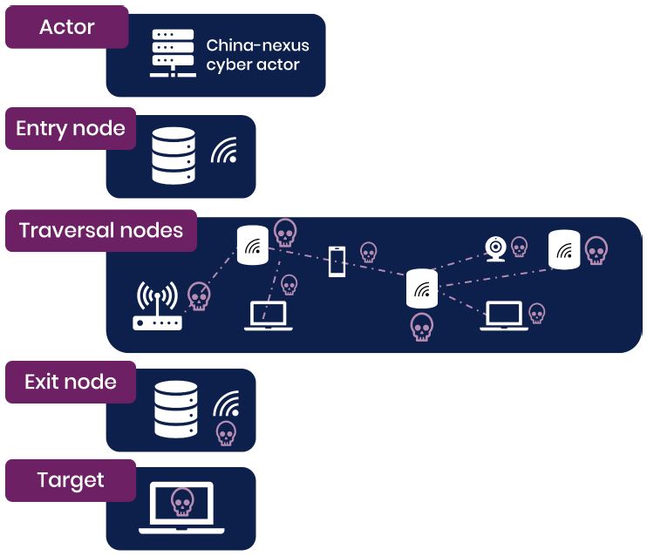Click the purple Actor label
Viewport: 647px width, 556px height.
tap(66, 27)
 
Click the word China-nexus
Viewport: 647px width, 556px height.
tap(257, 45)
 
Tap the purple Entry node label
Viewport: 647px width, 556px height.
tap(71, 129)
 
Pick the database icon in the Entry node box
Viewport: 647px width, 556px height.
tap(174, 156)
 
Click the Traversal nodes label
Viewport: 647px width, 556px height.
tap(101, 231)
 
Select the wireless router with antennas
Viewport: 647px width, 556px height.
tap(157, 308)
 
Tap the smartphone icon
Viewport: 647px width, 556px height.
tap(337, 261)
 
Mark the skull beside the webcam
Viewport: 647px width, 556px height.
tap(520, 247)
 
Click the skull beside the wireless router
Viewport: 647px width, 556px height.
tap(200, 297)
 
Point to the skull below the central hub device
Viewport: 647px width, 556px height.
tap(421, 327)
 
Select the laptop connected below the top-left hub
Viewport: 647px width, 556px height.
tap(268, 316)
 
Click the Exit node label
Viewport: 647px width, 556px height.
tap(71, 383)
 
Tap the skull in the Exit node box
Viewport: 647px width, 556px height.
tap(226, 432)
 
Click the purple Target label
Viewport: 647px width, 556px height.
tap(71, 480)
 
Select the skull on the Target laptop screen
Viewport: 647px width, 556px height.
tap(181, 502)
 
